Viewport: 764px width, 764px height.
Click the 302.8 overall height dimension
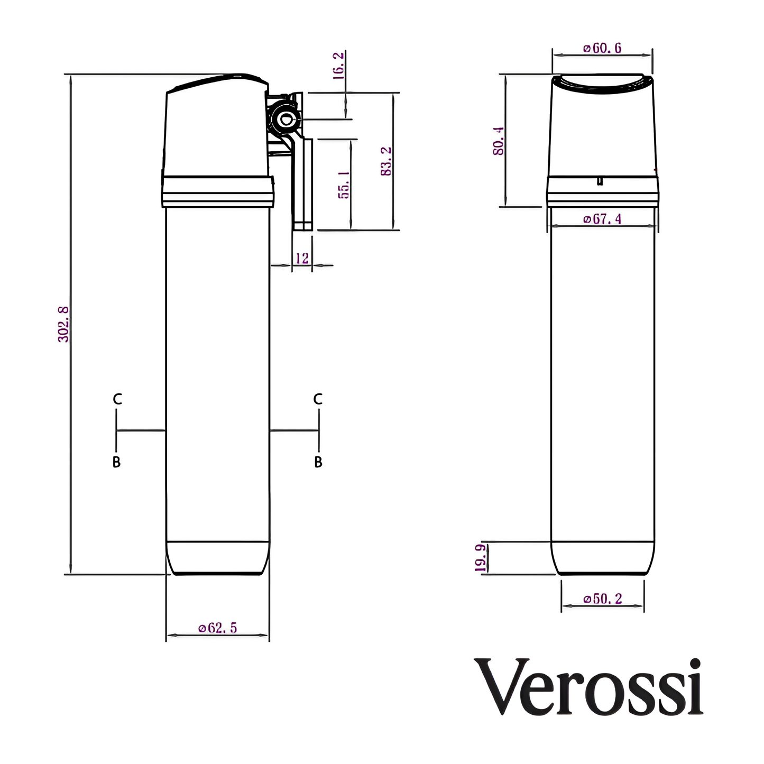tap(63, 324)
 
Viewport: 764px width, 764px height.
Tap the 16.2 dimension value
tap(338, 66)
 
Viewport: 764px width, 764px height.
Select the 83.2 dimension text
tap(386, 161)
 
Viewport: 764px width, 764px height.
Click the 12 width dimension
tap(302, 258)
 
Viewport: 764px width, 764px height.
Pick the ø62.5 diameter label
tap(218, 628)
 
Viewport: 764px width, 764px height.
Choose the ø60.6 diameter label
tap(602, 48)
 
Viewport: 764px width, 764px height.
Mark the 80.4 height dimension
tap(498, 141)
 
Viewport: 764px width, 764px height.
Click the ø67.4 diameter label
tap(602, 219)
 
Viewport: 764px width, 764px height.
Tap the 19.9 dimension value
tap(480, 558)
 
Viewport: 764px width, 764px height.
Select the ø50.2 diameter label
tap(603, 599)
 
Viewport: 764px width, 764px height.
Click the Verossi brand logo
tap(590, 687)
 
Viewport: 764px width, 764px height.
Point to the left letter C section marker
tap(117, 399)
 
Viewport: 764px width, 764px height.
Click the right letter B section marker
tap(318, 462)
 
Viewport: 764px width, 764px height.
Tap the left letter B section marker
tap(117, 462)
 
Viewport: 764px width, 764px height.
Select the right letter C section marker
tap(318, 399)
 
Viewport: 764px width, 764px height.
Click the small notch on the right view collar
tap(600, 181)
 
